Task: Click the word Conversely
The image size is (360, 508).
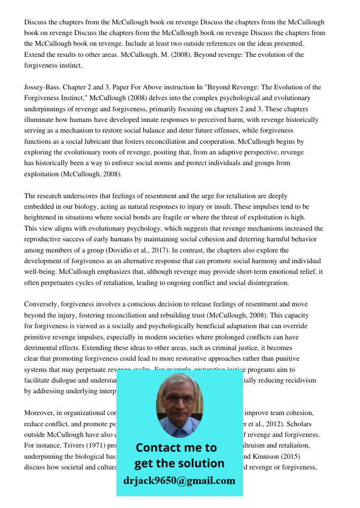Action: tap(41, 304)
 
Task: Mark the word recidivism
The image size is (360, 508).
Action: tap(299, 380)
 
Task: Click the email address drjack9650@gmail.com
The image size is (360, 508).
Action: tap(179, 481)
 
